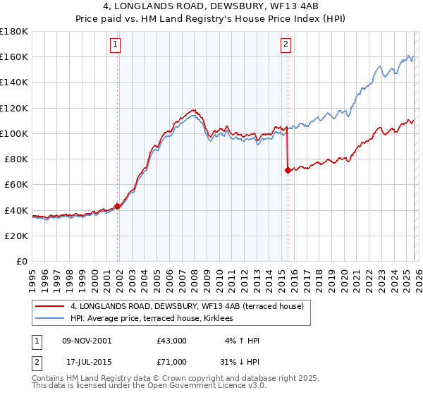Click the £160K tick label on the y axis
click(14, 57)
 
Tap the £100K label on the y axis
click(14, 133)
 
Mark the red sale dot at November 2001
click(117, 206)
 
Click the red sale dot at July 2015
click(288, 170)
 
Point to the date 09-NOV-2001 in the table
click(87, 341)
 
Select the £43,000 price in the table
click(172, 341)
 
